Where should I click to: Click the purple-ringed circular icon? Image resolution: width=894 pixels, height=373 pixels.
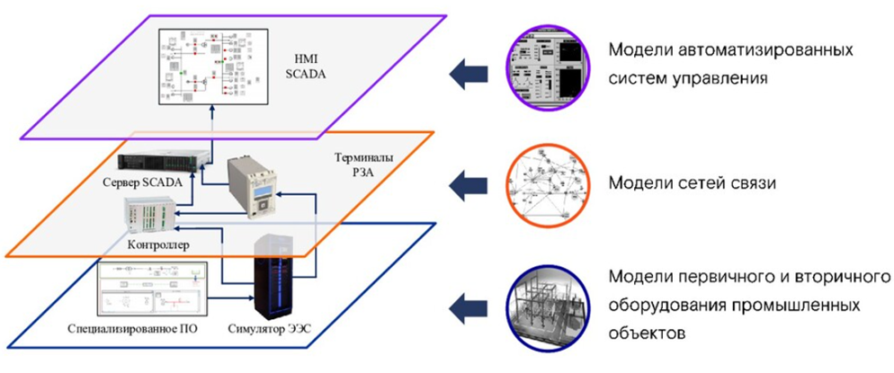(x=544, y=65)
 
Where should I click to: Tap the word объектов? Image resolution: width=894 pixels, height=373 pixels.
(x=649, y=332)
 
